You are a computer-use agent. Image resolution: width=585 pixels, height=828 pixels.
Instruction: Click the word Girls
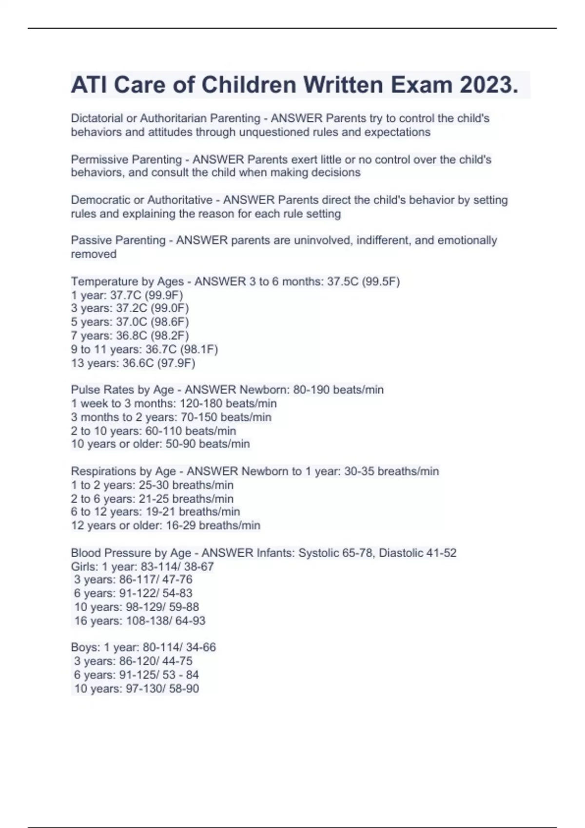click(83, 566)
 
